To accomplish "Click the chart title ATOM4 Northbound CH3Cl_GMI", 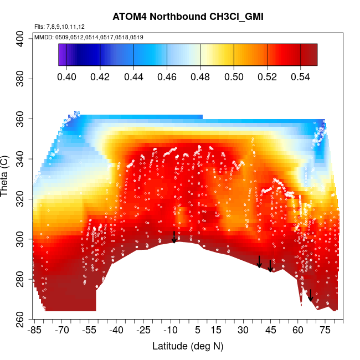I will (x=187, y=17).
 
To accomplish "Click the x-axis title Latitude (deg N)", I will (x=187, y=346).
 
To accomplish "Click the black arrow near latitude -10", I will (x=174, y=237).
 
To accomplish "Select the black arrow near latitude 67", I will (x=311, y=295).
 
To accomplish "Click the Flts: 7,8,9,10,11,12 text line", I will (x=59, y=26).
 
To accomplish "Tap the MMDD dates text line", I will (x=89, y=37).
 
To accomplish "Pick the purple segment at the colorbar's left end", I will (x=62, y=55).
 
